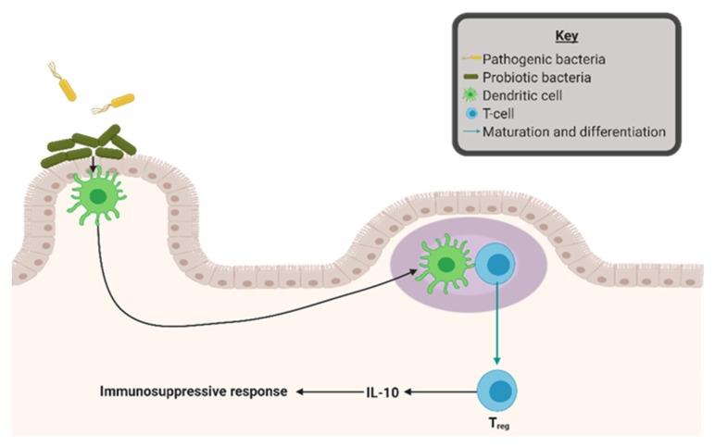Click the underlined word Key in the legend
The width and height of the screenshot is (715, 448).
(566, 36)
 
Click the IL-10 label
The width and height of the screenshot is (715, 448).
(380, 392)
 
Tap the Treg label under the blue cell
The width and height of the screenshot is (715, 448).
(496, 427)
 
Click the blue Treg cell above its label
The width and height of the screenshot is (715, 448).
(497, 389)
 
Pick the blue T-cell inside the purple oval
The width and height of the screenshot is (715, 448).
(497, 267)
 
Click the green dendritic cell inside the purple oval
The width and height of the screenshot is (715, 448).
(445, 266)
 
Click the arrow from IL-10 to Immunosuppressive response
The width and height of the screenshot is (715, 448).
(329, 392)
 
